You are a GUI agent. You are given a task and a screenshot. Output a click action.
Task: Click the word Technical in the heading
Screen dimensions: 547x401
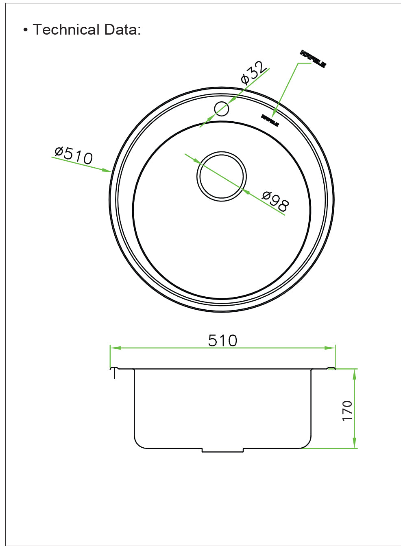pos(66,30)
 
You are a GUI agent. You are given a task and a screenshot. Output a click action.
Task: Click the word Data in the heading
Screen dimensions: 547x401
pos(120,30)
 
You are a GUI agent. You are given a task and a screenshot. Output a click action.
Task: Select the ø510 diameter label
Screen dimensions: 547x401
pos(74,155)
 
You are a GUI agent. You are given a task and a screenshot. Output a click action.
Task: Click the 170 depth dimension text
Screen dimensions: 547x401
pos(347,410)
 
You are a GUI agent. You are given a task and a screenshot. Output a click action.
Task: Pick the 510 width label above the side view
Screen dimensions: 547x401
pos(222,341)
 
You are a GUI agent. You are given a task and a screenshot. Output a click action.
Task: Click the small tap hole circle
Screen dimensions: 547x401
pos(222,109)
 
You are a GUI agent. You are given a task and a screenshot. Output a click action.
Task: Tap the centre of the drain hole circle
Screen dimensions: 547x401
pos(222,177)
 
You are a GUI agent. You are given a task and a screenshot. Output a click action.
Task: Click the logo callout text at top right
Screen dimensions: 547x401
pos(313,59)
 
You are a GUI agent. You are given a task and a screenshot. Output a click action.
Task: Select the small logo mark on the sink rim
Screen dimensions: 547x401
pos(270,120)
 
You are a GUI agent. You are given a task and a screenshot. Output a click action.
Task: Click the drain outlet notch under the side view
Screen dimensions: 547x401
pos(222,450)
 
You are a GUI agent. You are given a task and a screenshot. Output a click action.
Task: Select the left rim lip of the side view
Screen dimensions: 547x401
pos(115,370)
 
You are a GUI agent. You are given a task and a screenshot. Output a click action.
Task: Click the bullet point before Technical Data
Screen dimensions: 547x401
pos(26,30)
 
